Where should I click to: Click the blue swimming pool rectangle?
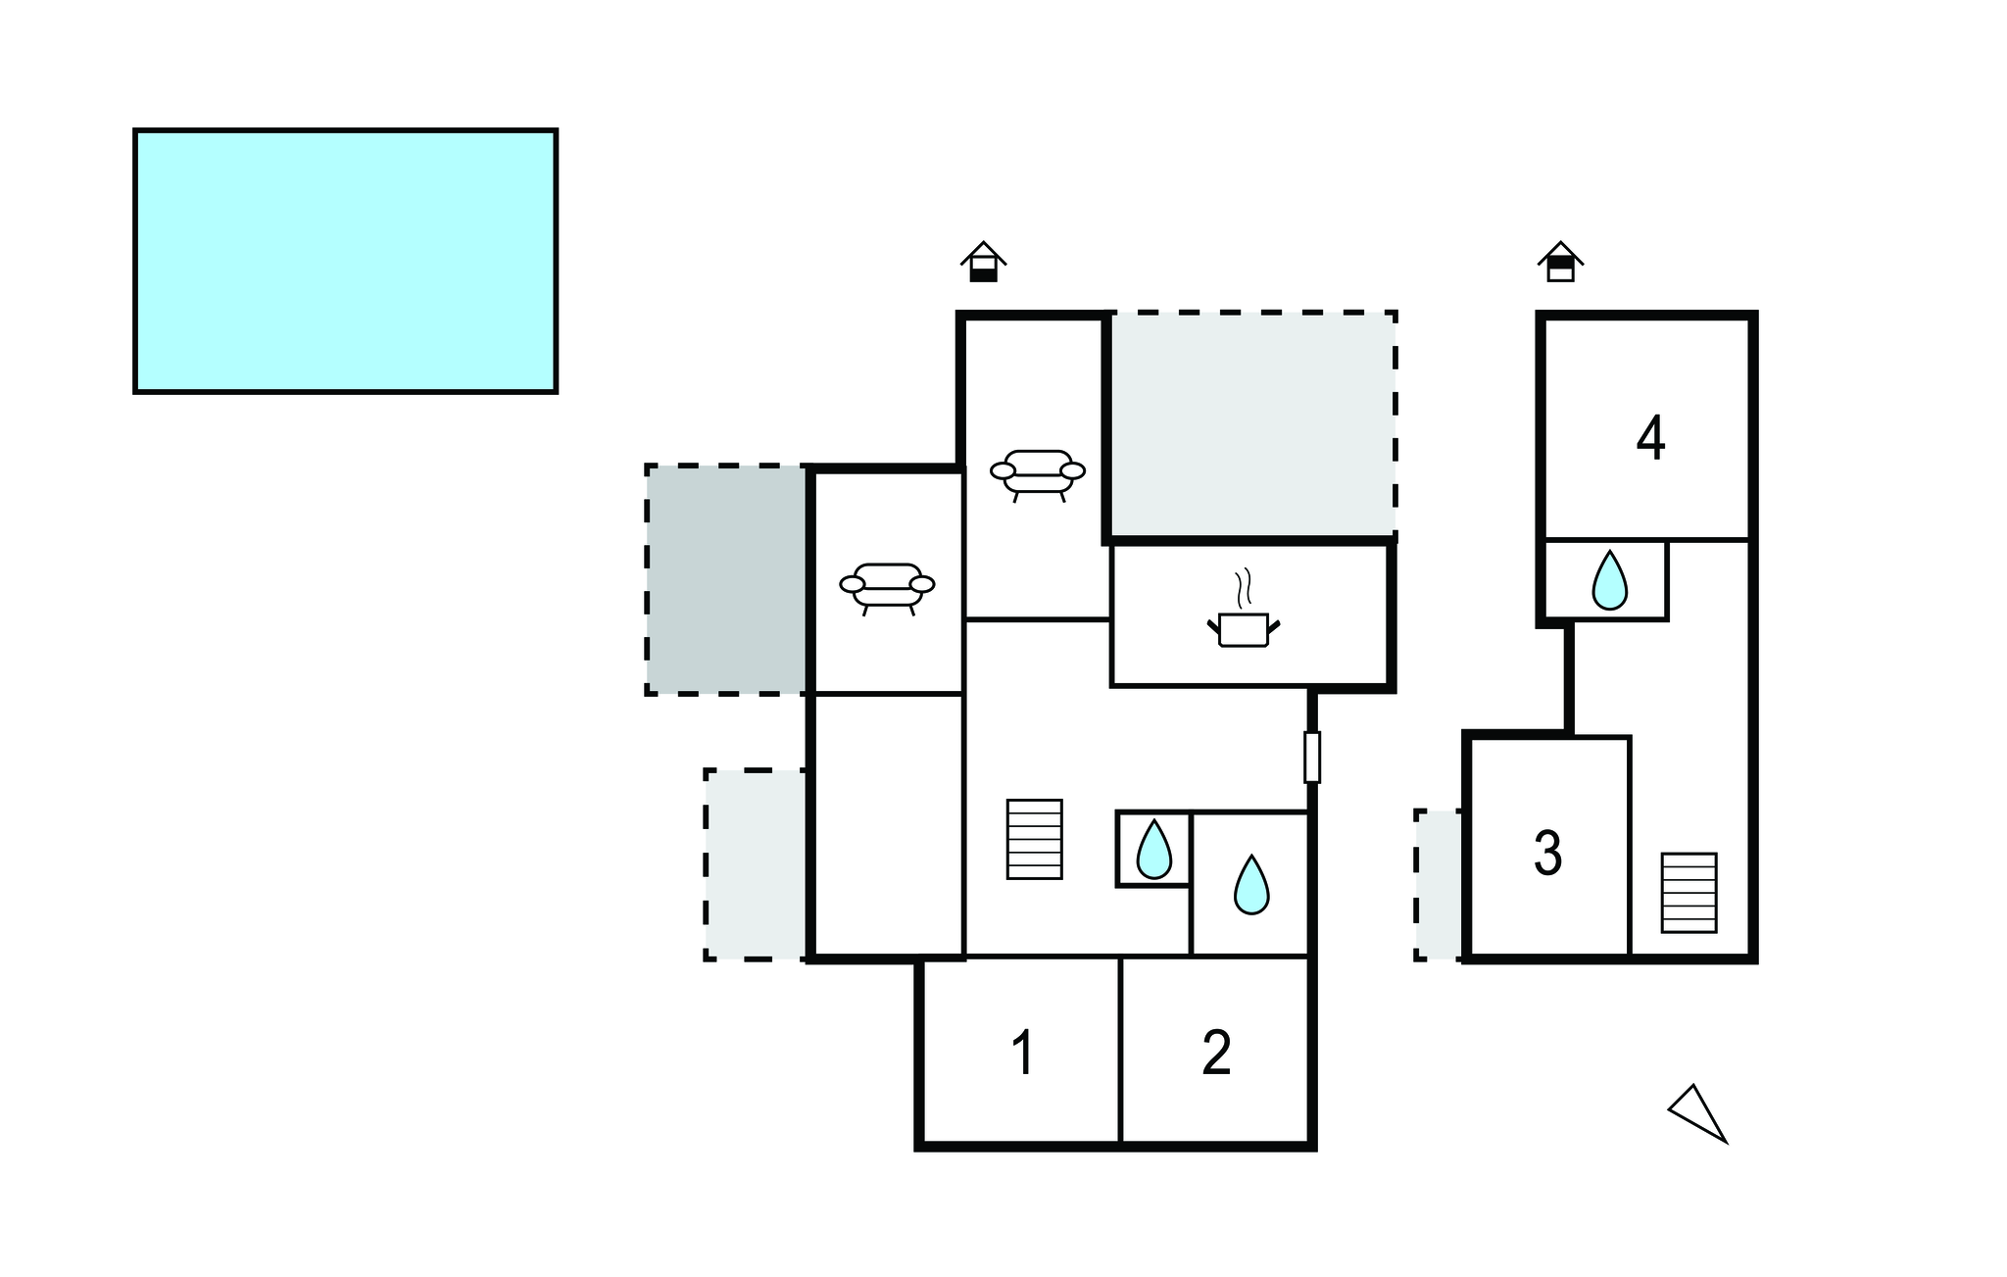point(345,261)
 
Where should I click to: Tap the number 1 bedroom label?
point(1022,1053)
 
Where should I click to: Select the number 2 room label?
point(1216,1053)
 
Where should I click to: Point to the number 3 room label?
point(1547,853)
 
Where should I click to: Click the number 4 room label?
point(1650,438)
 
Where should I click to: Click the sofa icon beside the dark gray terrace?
point(887,588)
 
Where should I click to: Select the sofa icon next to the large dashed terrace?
point(1038,475)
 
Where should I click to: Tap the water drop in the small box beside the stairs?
point(1153,849)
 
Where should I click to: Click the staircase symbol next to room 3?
point(1689,893)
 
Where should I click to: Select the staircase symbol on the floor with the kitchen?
point(1035,839)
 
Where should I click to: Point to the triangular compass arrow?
point(1697,1113)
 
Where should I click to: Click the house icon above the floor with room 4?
point(1560,262)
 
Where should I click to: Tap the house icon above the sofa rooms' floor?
point(983,262)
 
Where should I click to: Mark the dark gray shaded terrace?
point(726,580)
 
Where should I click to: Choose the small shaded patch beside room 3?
point(1439,885)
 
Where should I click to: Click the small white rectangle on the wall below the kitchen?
point(1312,757)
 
